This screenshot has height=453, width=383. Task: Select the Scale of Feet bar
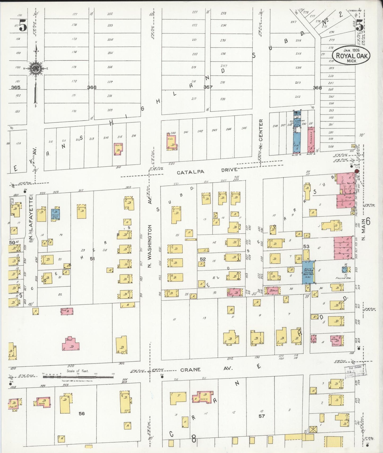78,376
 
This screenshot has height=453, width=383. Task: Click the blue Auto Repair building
308,272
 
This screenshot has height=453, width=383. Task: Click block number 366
92,87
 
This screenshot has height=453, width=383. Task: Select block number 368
317,88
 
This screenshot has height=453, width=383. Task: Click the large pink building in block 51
71,344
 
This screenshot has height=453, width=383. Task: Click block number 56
82,413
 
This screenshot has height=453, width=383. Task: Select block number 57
262,416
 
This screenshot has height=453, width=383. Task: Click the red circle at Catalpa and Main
356,171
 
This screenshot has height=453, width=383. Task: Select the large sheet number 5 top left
23,26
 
